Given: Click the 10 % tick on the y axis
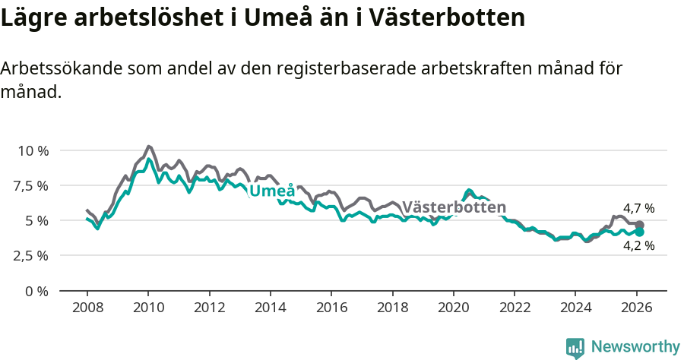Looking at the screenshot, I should [33, 150].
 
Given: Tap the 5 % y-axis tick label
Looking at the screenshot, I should [36, 220].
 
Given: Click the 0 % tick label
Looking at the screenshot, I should [36, 290].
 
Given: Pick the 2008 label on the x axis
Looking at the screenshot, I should [87, 308].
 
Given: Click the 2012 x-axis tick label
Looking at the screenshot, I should [209, 308].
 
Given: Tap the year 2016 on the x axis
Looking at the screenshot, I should [331, 308].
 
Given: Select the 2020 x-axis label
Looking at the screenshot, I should [453, 308].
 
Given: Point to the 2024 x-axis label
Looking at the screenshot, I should [575, 308].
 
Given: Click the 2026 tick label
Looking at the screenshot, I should [635, 308].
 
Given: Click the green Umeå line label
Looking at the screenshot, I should [272, 191].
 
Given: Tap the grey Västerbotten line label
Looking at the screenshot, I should [454, 207].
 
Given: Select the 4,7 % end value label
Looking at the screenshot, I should [638, 208].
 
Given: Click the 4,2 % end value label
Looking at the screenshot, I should [638, 245].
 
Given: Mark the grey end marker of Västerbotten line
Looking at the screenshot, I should [640, 225].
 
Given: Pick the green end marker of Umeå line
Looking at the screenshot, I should [640, 232].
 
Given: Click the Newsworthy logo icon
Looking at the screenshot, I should [575, 348].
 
